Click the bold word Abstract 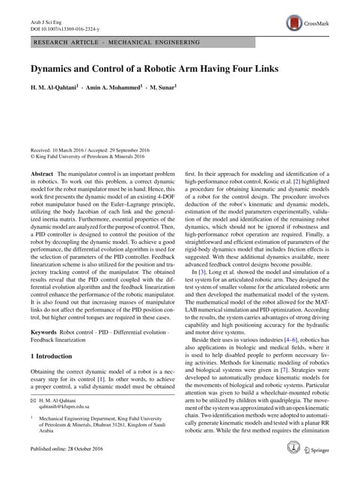tap(41, 173)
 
